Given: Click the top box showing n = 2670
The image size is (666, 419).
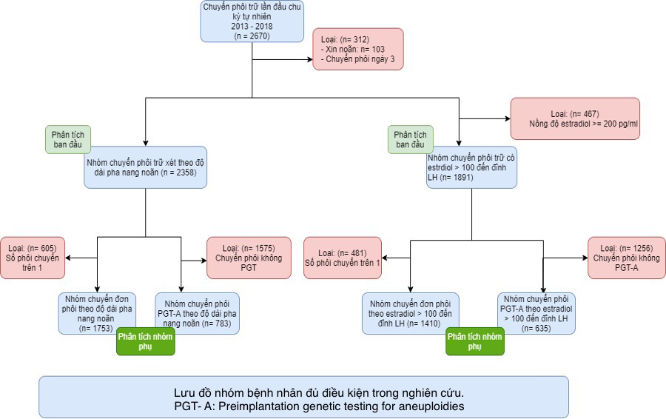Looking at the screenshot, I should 252,21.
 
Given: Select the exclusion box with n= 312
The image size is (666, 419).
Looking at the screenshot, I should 358,49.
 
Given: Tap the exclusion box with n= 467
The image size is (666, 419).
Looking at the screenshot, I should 574,118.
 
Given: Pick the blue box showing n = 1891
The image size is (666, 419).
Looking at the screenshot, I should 471,167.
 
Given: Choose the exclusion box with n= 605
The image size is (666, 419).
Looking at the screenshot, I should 33,257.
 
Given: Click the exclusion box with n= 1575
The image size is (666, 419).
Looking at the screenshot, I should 239,257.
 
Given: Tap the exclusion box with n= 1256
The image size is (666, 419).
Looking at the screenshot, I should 626,257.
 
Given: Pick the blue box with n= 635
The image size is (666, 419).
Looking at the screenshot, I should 537,312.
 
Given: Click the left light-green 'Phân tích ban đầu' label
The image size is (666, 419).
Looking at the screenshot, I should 67,139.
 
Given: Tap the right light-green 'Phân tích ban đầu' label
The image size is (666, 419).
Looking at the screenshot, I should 411,139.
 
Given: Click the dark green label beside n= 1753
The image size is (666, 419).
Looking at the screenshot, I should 145,342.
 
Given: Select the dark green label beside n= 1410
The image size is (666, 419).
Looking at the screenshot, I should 474,342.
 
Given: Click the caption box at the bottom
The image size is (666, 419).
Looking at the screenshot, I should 303,397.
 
